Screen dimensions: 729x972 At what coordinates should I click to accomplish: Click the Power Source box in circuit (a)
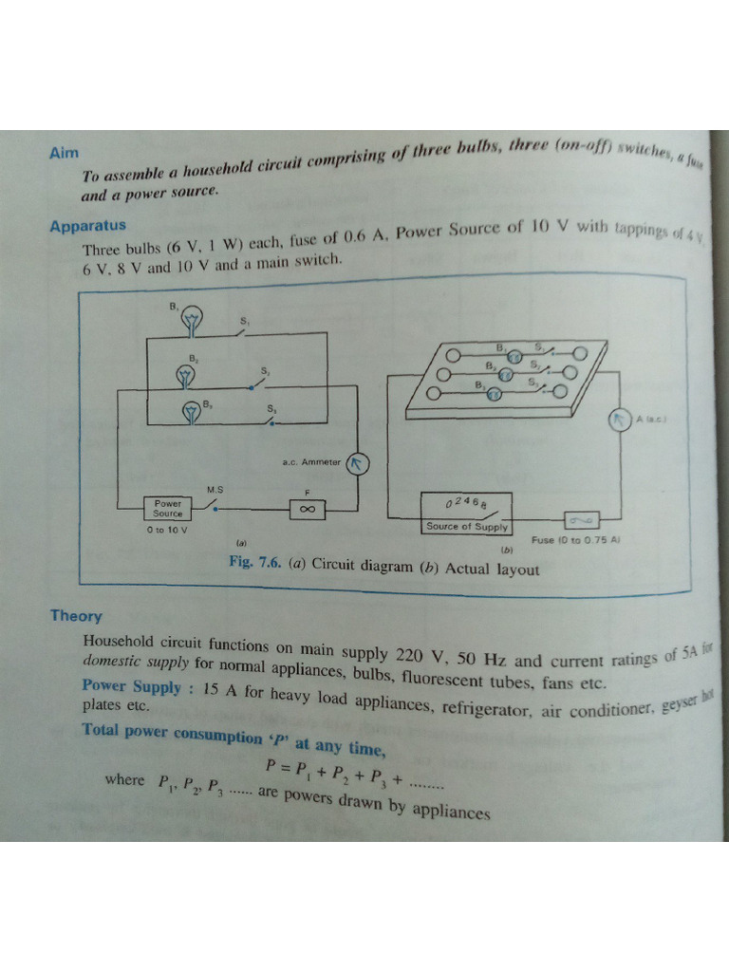[168, 508]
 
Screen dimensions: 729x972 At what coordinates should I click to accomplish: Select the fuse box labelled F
[307, 510]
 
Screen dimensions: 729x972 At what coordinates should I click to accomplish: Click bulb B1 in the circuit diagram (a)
[193, 320]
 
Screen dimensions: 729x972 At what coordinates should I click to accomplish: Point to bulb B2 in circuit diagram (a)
[187, 375]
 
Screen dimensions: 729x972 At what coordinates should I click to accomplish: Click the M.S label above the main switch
[215, 489]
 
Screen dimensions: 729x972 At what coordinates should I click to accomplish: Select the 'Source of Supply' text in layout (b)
[466, 526]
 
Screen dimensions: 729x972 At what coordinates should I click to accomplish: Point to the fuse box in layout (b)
[580, 519]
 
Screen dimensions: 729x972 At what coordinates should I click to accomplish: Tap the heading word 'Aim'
[65, 153]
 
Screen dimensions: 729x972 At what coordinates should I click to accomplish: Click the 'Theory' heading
[76, 615]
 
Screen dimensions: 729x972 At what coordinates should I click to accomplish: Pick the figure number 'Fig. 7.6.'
[255, 561]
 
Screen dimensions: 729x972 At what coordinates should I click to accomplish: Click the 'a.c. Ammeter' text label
[311, 462]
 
